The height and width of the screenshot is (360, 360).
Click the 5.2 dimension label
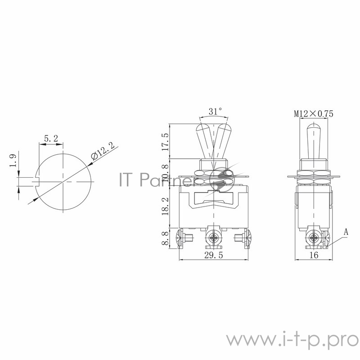tap(50, 139)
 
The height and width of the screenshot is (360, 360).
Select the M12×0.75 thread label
tap(314, 114)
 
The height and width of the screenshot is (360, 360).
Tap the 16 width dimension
tap(314, 255)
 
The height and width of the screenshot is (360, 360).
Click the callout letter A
tap(346, 232)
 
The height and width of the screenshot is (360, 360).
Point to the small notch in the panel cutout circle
tap(38, 181)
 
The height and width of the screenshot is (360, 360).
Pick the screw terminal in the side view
tap(314, 238)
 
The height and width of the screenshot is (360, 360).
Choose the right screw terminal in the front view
tap(243, 238)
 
